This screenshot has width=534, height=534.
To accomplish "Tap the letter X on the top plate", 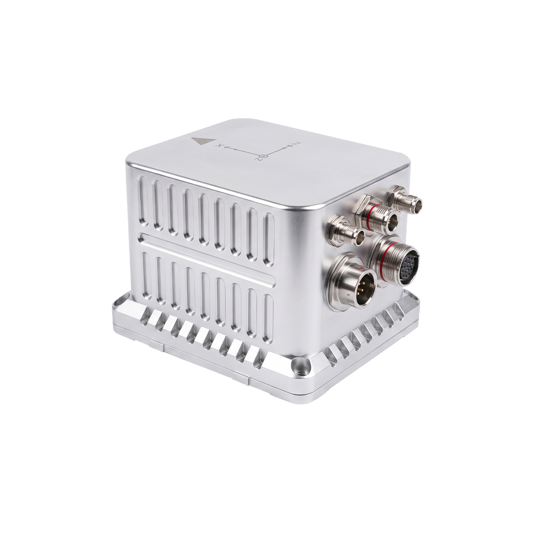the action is tap(221, 146).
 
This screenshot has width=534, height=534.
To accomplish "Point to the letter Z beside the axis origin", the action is tap(259, 159).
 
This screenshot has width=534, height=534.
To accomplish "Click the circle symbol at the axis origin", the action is tap(266, 156).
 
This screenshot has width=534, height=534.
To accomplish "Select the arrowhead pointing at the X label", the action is tap(227, 148).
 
